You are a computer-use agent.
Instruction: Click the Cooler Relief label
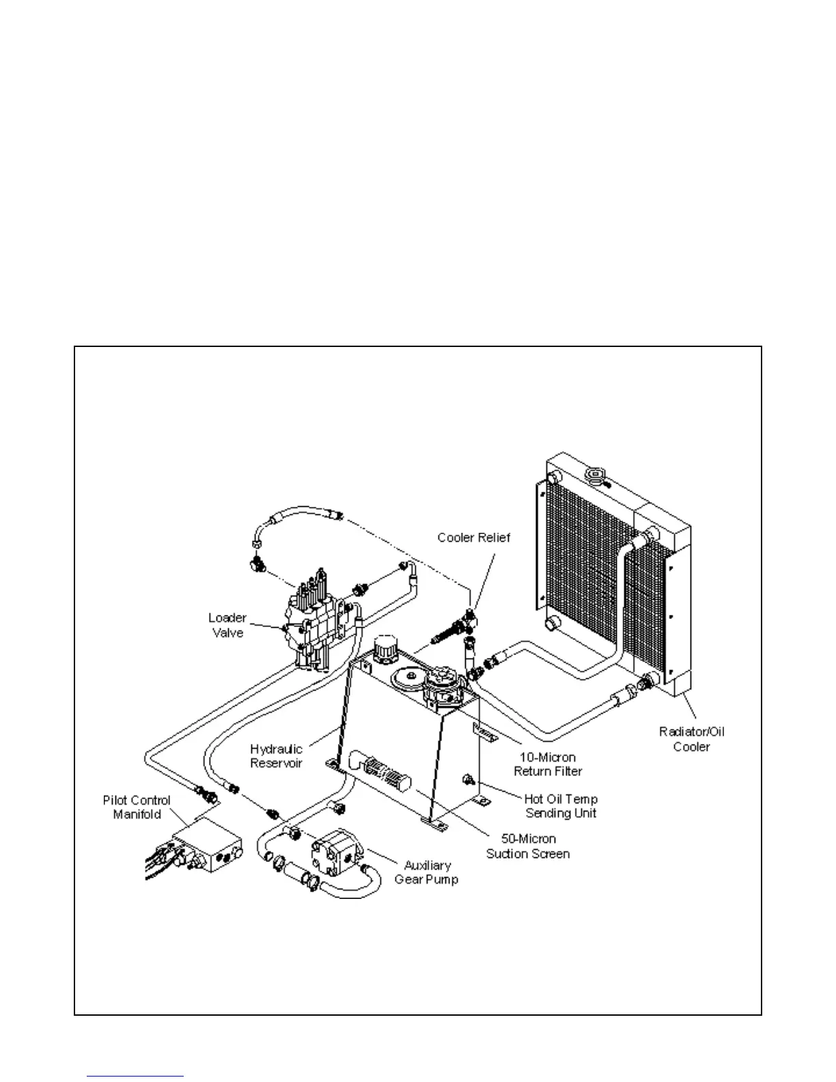pos(473,538)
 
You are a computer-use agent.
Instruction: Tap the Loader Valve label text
pos(227,625)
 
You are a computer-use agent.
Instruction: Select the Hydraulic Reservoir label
pos(276,756)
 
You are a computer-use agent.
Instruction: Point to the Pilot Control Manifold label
pos(137,807)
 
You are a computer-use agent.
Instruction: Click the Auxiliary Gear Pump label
pos(426,872)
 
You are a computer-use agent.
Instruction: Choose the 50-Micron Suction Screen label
pos(527,846)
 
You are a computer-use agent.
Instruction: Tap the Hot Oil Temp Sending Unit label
pos(561,806)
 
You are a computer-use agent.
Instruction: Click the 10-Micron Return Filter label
pos(548,764)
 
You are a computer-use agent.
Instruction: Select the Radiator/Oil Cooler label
pos(691,739)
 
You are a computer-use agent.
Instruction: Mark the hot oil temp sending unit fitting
pos(469,779)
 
